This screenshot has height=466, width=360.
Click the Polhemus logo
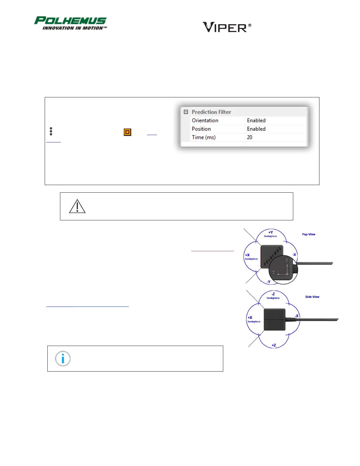point(70,23)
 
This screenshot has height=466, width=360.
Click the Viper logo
point(227,27)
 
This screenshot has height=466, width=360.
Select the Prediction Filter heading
point(211,112)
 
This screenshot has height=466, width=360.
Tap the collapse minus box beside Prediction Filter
point(186,112)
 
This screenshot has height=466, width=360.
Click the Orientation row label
point(205,121)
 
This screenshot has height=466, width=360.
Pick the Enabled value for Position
point(256,129)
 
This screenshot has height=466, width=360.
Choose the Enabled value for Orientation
point(256,121)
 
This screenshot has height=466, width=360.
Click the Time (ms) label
point(204,137)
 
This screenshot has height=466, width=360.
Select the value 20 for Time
point(250,137)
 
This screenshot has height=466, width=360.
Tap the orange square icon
point(127,132)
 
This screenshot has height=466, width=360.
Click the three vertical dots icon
point(51,131)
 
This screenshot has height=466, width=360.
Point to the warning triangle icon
point(77,206)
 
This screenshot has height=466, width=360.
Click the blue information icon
point(63,359)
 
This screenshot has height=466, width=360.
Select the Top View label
point(309,234)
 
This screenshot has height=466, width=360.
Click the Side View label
point(312,297)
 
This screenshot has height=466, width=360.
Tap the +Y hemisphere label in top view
point(270,234)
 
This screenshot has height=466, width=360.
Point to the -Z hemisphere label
point(273,296)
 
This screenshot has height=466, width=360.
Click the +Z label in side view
point(274,345)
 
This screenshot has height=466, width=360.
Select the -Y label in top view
point(269,282)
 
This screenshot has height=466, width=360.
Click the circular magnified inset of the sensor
point(283,269)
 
